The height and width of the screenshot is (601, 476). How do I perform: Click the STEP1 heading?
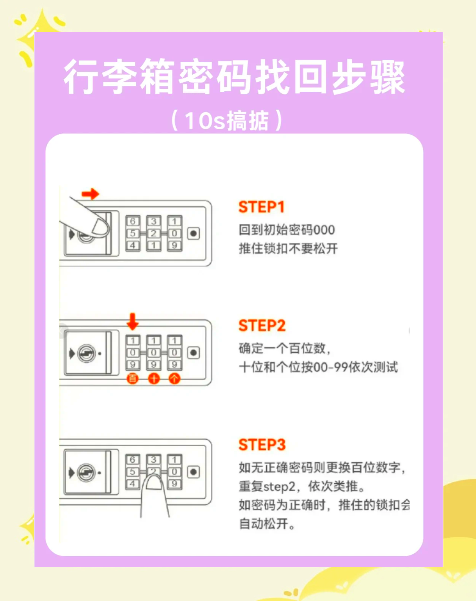pyautogui.click(x=261, y=207)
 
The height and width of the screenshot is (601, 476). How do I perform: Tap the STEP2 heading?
pyautogui.click(x=262, y=326)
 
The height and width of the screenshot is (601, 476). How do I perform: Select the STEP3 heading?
pyautogui.click(x=262, y=445)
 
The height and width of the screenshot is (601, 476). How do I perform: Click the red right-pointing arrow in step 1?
pyautogui.click(x=90, y=194)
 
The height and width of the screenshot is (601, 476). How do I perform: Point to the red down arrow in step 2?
pyautogui.click(x=133, y=321)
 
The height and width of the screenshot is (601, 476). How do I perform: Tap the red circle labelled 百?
pyautogui.click(x=133, y=378)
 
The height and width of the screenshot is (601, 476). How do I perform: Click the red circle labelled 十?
pyautogui.click(x=153, y=378)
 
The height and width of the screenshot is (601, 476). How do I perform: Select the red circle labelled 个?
pyautogui.click(x=174, y=378)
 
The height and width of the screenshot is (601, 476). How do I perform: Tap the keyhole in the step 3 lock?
pyautogui.click(x=86, y=473)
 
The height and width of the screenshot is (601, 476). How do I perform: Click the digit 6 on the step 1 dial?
pyautogui.click(x=133, y=221)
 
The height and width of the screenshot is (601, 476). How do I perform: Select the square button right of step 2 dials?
pyautogui.click(x=193, y=353)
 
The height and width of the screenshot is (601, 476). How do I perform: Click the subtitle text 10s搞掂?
pyautogui.click(x=227, y=121)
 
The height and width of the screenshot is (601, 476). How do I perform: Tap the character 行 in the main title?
pyautogui.click(x=81, y=77)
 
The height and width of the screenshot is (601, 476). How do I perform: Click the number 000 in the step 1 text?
pyautogui.click(x=324, y=230)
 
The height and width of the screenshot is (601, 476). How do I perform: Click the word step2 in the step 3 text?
pyautogui.click(x=279, y=486)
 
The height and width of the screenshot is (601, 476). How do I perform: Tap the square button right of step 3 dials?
pyautogui.click(x=193, y=472)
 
